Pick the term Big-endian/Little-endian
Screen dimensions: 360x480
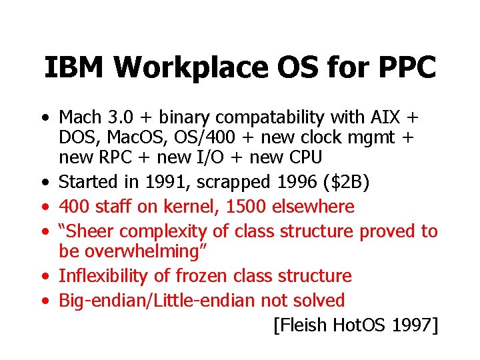pos(157,301)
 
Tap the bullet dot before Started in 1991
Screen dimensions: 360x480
pos(43,182)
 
